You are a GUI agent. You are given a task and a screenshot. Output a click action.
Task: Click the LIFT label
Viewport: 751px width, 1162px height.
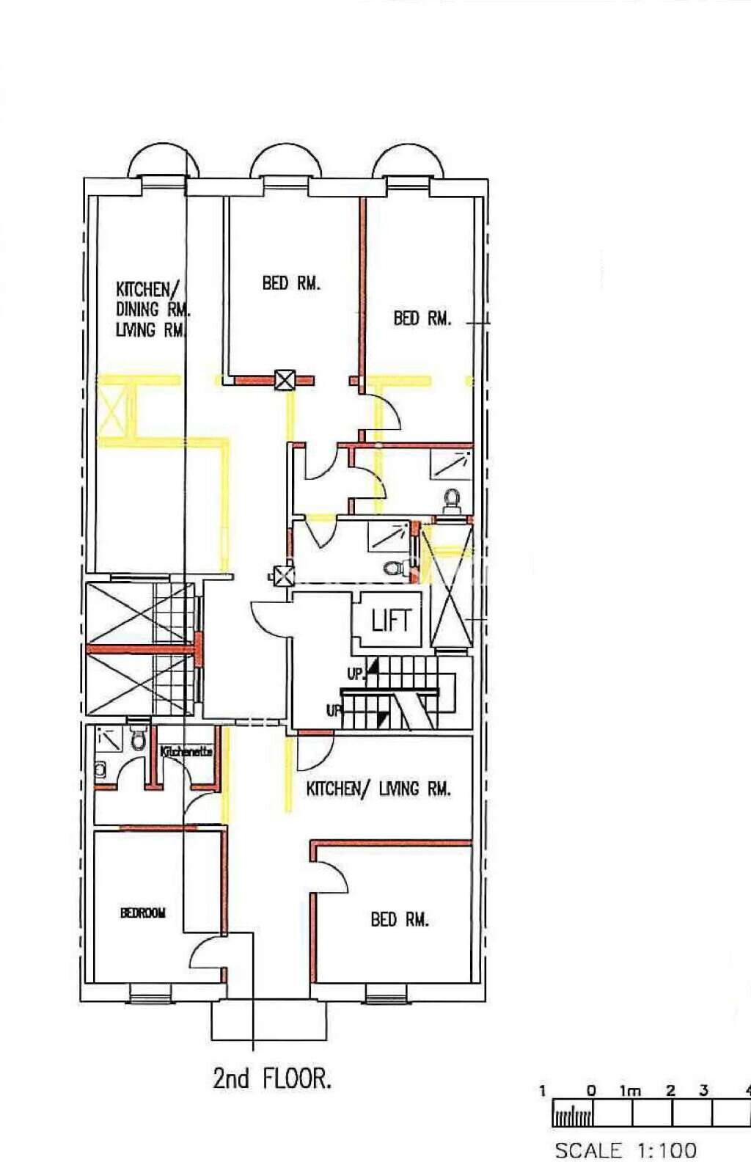tap(390, 621)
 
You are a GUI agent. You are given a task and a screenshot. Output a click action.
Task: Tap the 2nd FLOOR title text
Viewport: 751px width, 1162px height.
tap(272, 1078)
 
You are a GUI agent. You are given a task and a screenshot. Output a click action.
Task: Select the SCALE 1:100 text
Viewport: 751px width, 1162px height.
tap(625, 1150)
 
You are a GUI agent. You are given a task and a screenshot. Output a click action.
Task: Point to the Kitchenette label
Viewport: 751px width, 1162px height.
tap(186, 752)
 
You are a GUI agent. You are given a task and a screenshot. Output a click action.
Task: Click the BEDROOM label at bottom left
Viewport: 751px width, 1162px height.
tap(143, 913)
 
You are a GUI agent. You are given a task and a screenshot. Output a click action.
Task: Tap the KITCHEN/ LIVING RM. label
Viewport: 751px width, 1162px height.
tap(378, 789)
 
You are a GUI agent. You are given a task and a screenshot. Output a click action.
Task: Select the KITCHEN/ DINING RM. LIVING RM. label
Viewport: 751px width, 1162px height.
tap(151, 310)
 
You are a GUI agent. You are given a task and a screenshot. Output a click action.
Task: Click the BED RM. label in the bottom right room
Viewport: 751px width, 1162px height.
tap(399, 919)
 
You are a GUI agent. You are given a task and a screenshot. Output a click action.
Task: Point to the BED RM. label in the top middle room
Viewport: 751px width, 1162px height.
tap(291, 283)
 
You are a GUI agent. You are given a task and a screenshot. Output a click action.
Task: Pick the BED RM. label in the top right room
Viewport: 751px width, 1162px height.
tap(422, 318)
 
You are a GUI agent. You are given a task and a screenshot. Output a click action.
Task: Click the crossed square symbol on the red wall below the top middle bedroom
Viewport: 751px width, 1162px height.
tap(285, 380)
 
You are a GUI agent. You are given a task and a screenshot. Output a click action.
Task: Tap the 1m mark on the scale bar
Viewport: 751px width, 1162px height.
tap(630, 1091)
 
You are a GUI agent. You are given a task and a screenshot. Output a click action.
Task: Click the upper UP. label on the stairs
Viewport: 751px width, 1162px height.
tap(356, 673)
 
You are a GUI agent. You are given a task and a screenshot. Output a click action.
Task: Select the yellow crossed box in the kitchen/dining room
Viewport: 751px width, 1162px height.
tap(111, 411)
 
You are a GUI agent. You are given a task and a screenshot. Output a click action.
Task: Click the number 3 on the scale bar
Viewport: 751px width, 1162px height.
tap(703, 1091)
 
